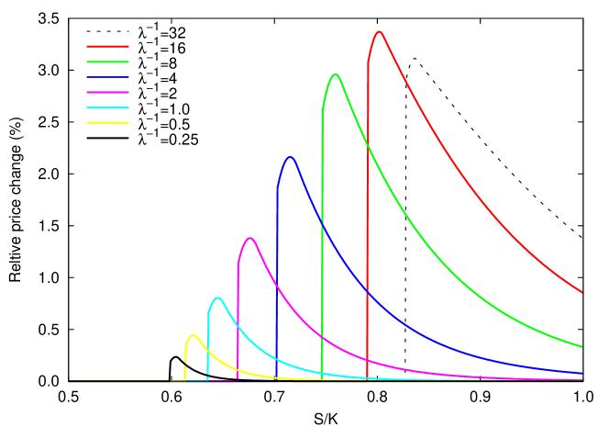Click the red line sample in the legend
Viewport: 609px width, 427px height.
coord(107,46)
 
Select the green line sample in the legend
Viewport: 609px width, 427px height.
coord(107,62)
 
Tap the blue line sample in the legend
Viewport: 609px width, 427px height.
coord(107,77)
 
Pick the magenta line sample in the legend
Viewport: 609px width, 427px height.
coord(107,93)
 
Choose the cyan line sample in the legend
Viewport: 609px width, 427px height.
coord(107,107)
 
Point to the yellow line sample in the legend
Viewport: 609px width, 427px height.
coord(107,122)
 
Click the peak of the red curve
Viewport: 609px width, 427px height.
coord(379,31)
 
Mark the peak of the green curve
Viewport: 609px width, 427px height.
coord(336,74)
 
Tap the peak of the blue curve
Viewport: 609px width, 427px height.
coord(291,156)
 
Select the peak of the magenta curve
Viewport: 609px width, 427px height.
coord(249,238)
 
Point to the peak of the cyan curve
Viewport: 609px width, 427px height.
coord(217,298)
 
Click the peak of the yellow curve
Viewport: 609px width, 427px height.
coord(193,335)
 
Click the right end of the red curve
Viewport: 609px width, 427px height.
coord(582,292)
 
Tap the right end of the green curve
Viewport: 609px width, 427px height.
coord(582,347)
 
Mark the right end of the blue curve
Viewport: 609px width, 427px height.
coord(582,374)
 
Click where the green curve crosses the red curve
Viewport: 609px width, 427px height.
coord(368,145)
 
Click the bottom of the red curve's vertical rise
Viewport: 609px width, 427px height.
coord(368,378)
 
